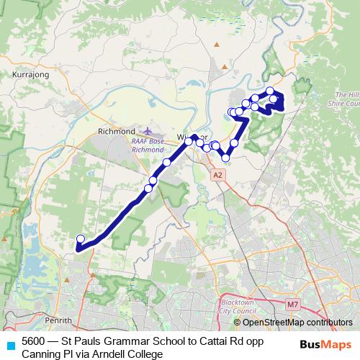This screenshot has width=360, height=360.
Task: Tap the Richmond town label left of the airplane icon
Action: [116, 132]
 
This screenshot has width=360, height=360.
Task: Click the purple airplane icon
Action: [148, 132]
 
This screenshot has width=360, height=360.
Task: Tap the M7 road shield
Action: [292, 305]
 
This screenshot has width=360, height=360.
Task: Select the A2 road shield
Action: [218, 174]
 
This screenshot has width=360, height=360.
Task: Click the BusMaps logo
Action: [326, 343]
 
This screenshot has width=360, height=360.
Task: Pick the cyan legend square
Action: [9, 344]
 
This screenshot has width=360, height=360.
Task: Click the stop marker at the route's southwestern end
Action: [81, 239]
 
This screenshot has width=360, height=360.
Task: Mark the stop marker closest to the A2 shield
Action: [225, 158]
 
